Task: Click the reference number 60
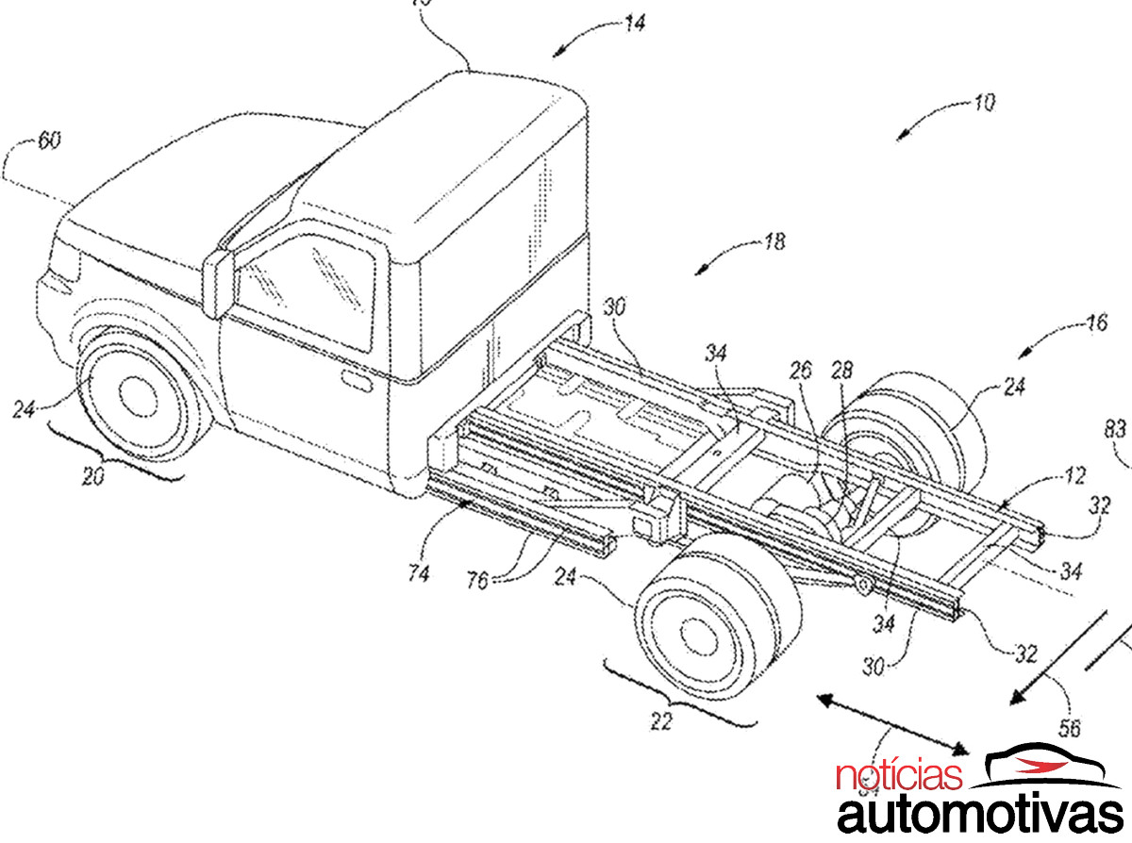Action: point(48,141)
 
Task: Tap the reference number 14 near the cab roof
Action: point(635,25)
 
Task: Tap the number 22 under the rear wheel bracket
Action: point(662,722)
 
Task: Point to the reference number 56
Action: point(1069,728)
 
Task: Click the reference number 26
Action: point(800,372)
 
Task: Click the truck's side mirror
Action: point(218,282)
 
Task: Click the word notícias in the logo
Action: point(900,777)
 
